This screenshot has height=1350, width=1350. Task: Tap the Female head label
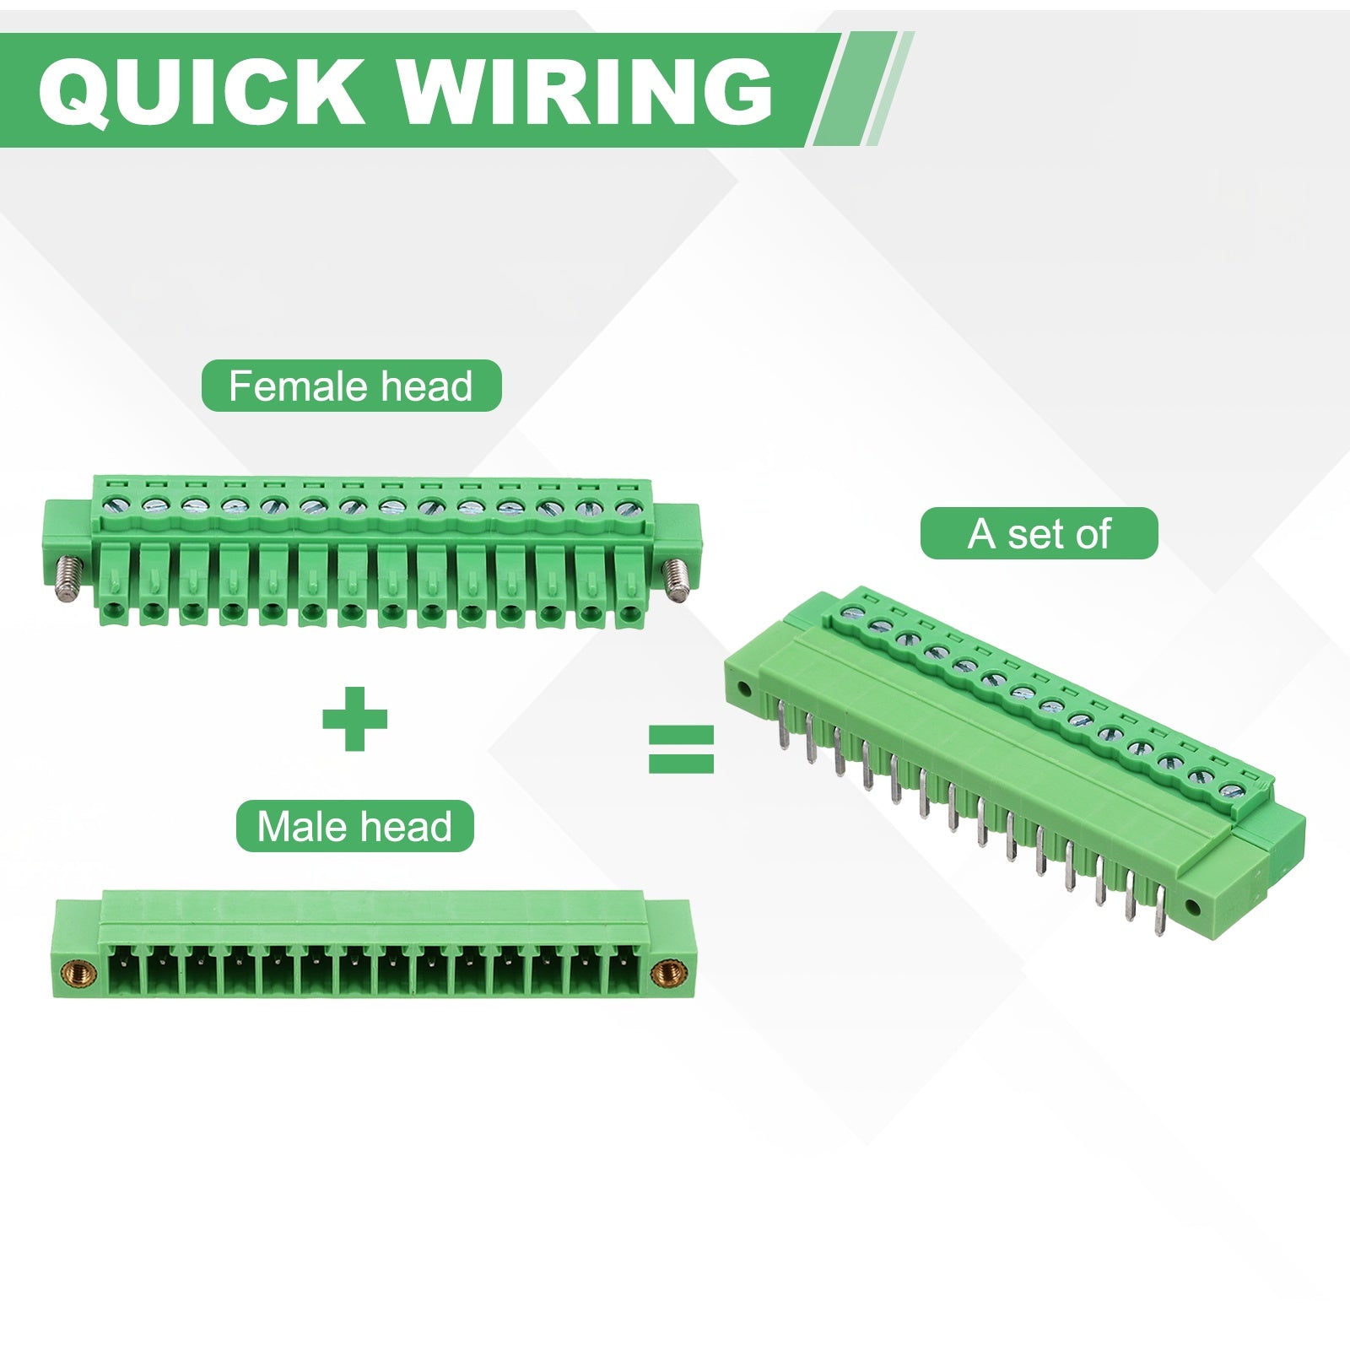pos(351,386)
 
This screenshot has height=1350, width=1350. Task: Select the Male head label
pos(354,826)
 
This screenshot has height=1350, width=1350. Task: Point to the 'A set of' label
pos(1039,533)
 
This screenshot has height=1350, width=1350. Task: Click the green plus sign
pos(354,719)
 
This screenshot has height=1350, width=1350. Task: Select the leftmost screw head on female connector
pos(113,505)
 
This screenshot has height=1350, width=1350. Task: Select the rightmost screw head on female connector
pos(625,508)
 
